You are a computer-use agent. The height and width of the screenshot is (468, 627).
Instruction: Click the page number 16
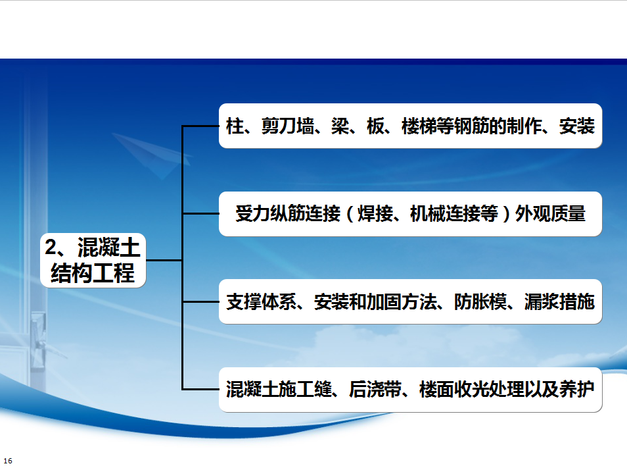click(x=8, y=461)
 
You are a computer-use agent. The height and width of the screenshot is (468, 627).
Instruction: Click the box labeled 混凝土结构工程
click(x=93, y=260)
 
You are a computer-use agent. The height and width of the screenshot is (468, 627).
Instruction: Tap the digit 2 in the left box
click(x=51, y=247)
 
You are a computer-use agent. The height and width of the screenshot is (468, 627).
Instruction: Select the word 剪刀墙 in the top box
click(x=287, y=126)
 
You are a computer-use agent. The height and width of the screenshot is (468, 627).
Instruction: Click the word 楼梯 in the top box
click(x=419, y=126)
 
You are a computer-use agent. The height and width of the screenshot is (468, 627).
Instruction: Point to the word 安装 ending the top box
click(x=576, y=126)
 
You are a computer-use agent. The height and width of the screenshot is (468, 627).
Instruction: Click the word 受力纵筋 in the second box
click(x=270, y=213)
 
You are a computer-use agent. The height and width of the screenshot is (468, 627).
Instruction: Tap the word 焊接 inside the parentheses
click(x=375, y=213)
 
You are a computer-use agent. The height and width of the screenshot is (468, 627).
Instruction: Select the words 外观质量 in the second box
click(x=550, y=213)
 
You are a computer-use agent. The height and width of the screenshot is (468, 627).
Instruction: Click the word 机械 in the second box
click(x=427, y=213)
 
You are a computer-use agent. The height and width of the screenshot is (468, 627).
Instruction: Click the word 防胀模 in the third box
click(x=480, y=301)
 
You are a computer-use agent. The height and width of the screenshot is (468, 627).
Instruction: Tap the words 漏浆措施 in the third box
click(x=559, y=301)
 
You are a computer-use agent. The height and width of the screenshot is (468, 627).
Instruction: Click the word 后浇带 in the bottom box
click(x=375, y=389)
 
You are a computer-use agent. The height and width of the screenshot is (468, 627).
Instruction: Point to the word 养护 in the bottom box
click(x=576, y=389)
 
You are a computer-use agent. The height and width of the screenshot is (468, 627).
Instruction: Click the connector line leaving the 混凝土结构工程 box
click(x=164, y=260)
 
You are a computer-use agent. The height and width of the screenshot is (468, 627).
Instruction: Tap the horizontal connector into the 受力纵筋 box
click(x=200, y=213)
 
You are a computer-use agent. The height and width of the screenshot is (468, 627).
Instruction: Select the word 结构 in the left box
click(x=67, y=273)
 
